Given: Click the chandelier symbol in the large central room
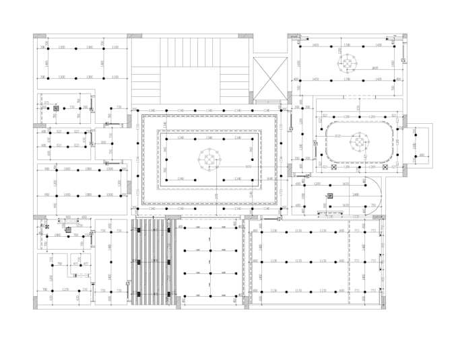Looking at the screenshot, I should coord(209,159).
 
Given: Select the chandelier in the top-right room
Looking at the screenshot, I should coord(348,63).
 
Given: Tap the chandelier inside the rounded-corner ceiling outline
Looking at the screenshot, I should coord(360,143).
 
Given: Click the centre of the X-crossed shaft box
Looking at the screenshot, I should coord(269,79).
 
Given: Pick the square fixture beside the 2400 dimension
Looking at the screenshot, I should coord(329,196).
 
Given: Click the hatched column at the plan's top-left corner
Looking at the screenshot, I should coord(40,36).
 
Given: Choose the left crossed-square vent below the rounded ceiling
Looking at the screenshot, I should coord(324,167).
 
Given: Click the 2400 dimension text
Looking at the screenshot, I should coord(354,193).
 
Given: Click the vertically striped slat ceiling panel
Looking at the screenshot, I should coord(153,262).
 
